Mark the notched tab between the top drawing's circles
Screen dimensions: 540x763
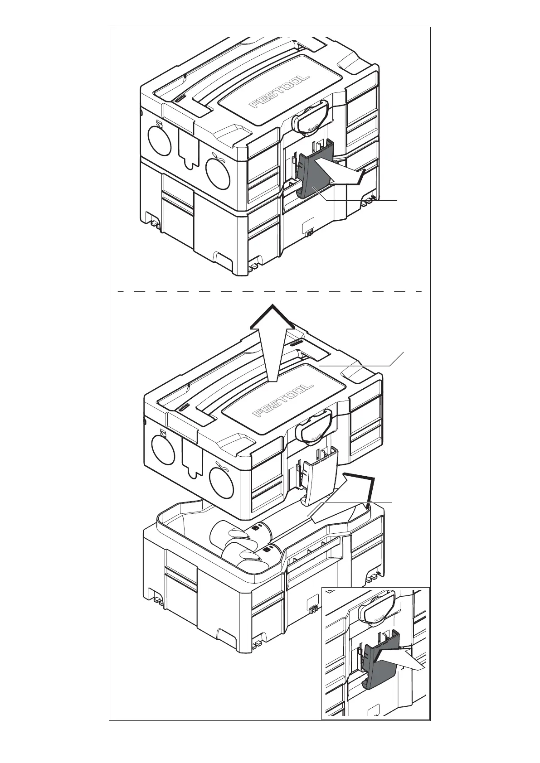(x=187, y=149)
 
